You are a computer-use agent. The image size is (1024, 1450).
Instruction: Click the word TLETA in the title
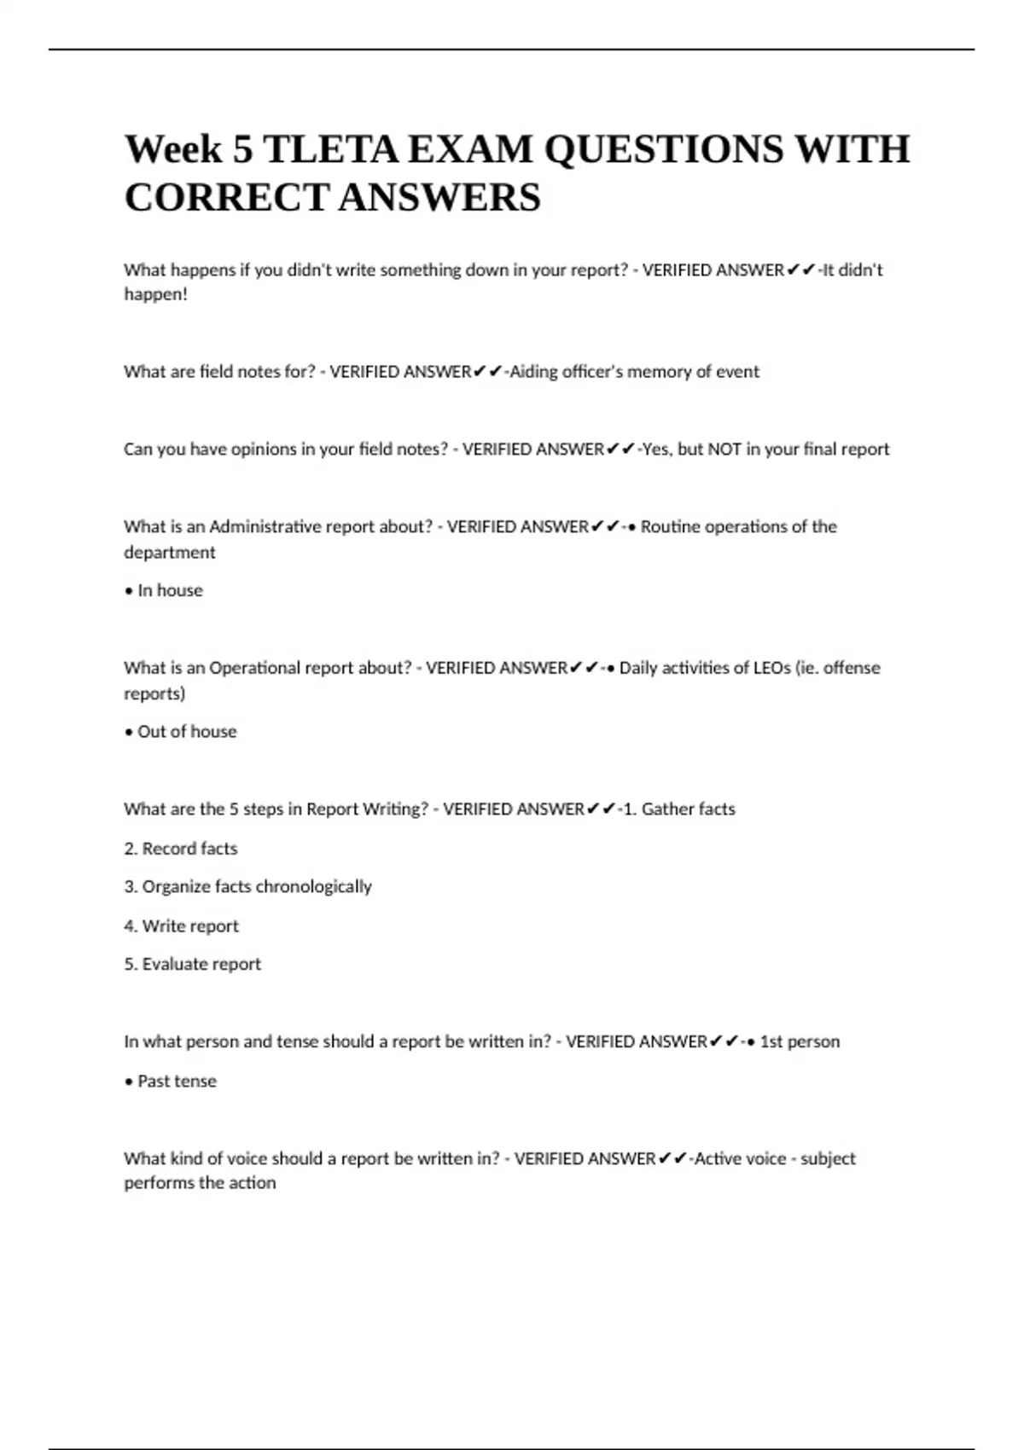click(330, 150)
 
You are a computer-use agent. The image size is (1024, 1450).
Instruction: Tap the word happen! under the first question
click(155, 295)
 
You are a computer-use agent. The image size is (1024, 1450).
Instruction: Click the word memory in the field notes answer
click(657, 372)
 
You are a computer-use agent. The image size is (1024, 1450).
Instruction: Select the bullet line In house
click(164, 590)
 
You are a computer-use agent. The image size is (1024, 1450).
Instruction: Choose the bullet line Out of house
click(181, 732)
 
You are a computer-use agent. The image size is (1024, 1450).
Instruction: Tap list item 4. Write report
click(181, 926)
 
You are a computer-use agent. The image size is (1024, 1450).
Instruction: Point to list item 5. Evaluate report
click(193, 965)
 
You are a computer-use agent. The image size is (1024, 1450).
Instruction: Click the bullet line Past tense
click(171, 1082)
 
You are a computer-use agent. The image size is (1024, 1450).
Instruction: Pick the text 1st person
click(800, 1042)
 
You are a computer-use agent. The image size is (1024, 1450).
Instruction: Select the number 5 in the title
click(242, 150)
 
